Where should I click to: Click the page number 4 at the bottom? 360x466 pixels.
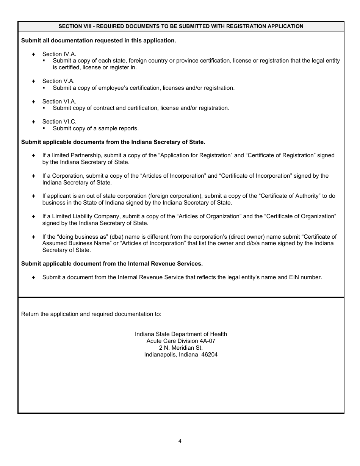point(180,441)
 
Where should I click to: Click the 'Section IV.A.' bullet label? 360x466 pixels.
point(59,54)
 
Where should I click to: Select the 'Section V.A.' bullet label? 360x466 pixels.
point(58,81)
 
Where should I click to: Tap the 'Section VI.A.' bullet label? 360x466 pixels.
point(59,102)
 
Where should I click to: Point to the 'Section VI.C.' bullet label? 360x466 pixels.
point(59,122)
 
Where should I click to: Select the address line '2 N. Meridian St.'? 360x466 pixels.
point(181,348)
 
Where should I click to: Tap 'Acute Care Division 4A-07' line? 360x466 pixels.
point(181,341)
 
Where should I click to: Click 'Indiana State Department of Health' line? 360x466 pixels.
point(181,334)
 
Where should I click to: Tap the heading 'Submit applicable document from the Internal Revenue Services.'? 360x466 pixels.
point(112,264)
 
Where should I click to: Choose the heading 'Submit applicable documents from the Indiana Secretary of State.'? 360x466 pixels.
point(113,142)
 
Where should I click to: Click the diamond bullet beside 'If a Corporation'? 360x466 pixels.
point(34,176)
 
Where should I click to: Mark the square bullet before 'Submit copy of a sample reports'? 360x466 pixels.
point(44,128)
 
